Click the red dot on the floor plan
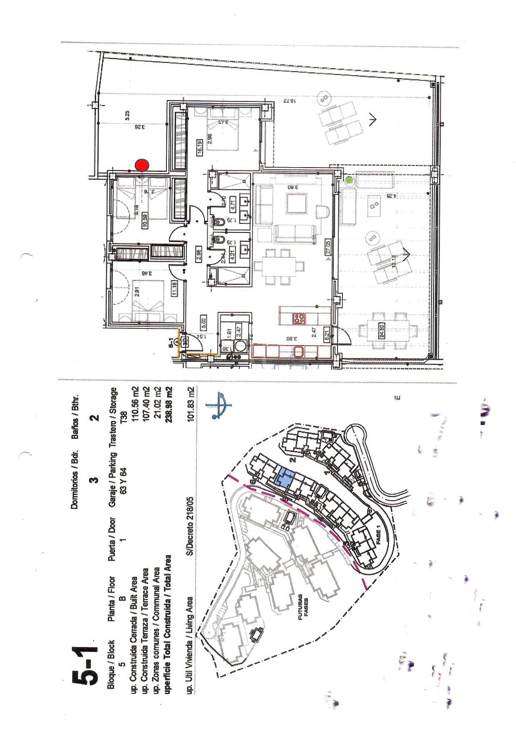tap(142, 165)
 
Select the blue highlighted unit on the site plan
tap(285, 477)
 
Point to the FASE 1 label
tap(378, 533)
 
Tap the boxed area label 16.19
tap(200, 148)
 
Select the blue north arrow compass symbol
tap(218, 404)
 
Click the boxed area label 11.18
tap(175, 288)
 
